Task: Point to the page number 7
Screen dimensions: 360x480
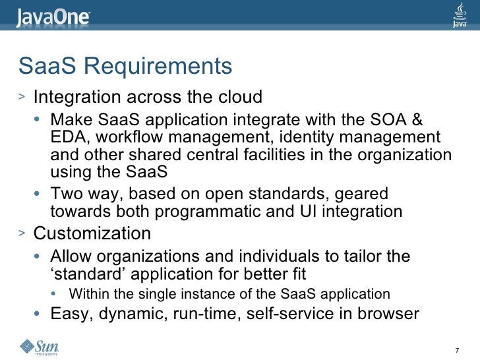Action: click(458, 348)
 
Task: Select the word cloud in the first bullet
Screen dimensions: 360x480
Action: click(240, 98)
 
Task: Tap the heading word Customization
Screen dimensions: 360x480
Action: click(92, 234)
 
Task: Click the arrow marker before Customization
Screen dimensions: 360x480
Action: click(22, 233)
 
